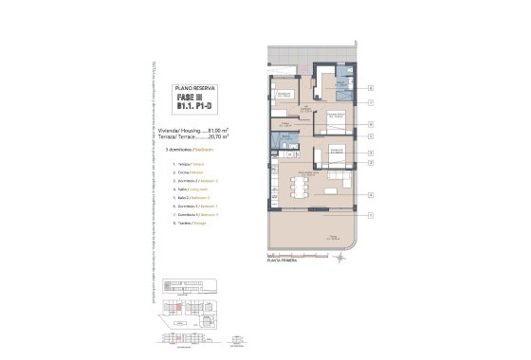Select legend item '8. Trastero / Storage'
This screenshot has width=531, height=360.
click(192, 223)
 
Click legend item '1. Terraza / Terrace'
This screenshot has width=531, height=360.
click(190, 164)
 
